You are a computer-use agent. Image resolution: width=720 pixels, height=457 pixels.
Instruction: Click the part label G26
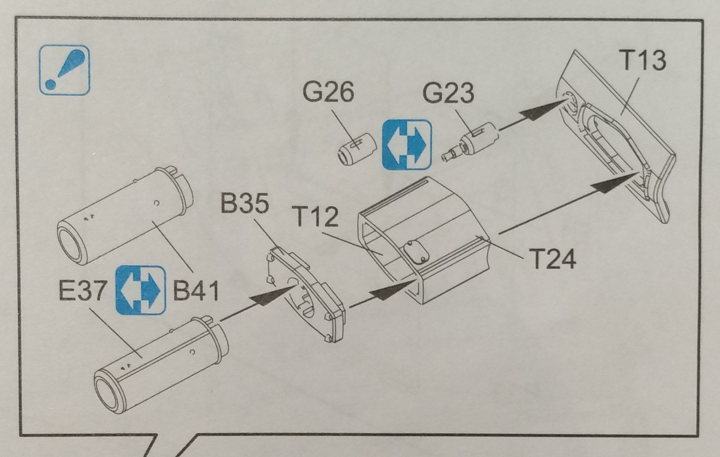(x=328, y=92)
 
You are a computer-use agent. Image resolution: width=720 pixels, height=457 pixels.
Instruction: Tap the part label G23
(x=448, y=93)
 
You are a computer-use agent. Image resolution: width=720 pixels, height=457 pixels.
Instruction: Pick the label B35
(x=245, y=203)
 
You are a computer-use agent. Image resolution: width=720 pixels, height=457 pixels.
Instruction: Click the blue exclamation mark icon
(x=65, y=70)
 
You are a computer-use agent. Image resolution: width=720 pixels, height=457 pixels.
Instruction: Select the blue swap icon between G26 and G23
(x=407, y=145)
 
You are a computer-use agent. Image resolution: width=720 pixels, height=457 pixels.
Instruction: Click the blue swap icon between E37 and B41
(x=140, y=290)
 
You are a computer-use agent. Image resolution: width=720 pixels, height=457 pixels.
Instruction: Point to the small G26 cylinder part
(x=356, y=149)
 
